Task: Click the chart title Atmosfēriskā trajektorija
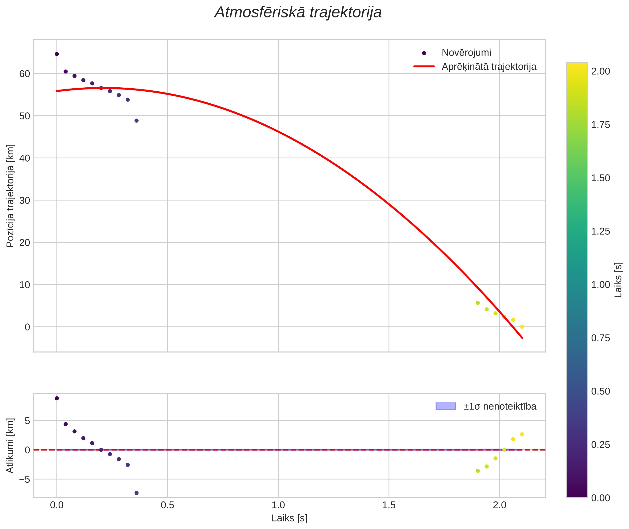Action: [298, 12]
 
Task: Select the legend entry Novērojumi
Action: [466, 53]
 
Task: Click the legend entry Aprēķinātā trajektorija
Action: [489, 67]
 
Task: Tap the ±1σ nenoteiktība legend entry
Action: [500, 406]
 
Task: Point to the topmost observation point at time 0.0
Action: [57, 54]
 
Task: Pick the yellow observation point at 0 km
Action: [522, 327]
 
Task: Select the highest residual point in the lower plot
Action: [57, 398]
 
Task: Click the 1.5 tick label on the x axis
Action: [389, 505]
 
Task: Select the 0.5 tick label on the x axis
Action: [168, 505]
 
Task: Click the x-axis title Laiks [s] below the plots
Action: [289, 518]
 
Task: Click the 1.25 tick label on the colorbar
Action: [601, 232]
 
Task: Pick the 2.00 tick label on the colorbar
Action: [601, 71]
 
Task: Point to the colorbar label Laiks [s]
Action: [618, 280]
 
